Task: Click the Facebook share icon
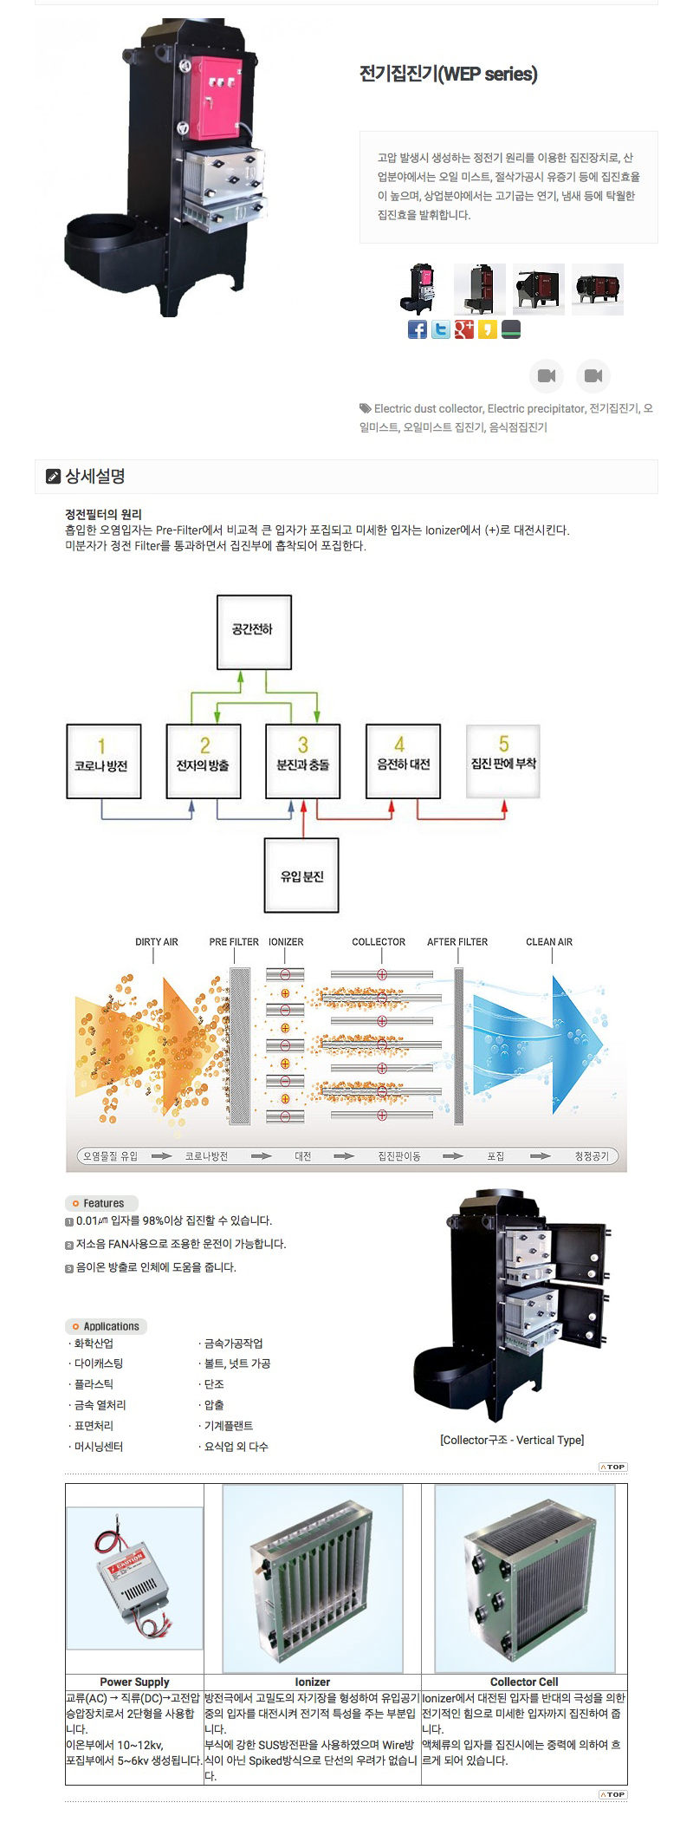pyautogui.click(x=418, y=329)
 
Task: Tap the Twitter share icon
pyautogui.click(x=441, y=329)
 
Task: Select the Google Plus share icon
pyautogui.click(x=464, y=329)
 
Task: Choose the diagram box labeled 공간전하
pyautogui.click(x=254, y=631)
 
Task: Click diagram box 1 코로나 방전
pyautogui.click(x=103, y=760)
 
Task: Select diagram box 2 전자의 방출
pyautogui.click(x=204, y=760)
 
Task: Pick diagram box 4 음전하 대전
pyautogui.click(x=403, y=760)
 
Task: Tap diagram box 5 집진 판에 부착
pyautogui.click(x=503, y=760)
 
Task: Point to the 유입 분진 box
pyautogui.click(x=301, y=875)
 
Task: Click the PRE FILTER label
pyautogui.click(x=234, y=941)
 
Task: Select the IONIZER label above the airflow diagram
pyautogui.click(x=286, y=941)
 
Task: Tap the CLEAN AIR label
pyautogui.click(x=549, y=941)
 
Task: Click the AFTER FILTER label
pyautogui.click(x=457, y=941)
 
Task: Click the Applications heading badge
pyautogui.click(x=106, y=1326)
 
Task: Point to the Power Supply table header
pyautogui.click(x=134, y=1682)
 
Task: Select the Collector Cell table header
pyautogui.click(x=524, y=1682)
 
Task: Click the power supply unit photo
pyautogui.click(x=135, y=1578)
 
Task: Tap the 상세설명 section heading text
pyautogui.click(x=95, y=476)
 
